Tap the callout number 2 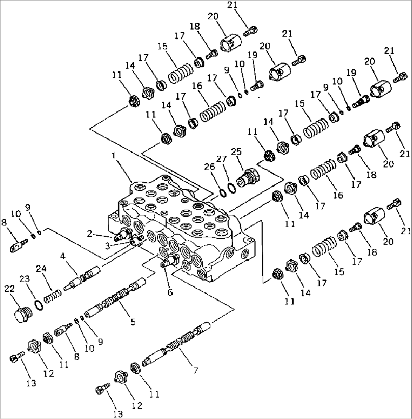[90, 234]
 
